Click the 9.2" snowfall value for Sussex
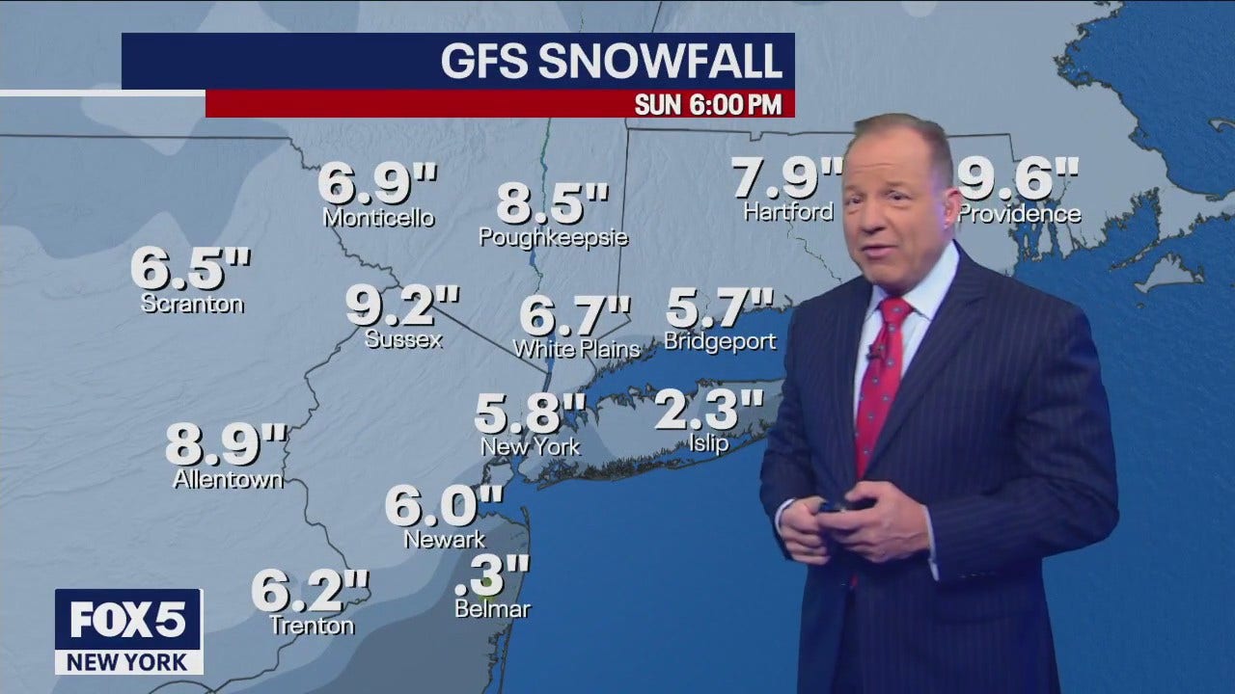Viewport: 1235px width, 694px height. (402, 306)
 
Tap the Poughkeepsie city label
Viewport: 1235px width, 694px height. (554, 237)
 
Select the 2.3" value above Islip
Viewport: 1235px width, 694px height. (709, 410)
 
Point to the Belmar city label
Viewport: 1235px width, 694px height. (493, 608)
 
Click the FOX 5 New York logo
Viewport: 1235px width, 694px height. (128, 631)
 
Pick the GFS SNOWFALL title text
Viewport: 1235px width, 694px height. (611, 61)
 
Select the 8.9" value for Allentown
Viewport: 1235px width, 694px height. (226, 444)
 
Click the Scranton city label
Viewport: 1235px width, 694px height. (192, 304)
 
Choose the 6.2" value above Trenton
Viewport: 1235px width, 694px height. (311, 591)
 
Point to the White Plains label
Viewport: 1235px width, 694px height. (577, 349)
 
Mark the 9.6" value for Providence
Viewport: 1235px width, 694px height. (1017, 178)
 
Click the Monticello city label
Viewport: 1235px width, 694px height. (378, 218)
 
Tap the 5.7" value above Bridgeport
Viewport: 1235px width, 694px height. (720, 308)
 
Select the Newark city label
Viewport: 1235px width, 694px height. (445, 540)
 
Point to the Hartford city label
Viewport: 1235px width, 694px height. (788, 211)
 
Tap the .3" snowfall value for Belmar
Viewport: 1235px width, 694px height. (492, 576)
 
